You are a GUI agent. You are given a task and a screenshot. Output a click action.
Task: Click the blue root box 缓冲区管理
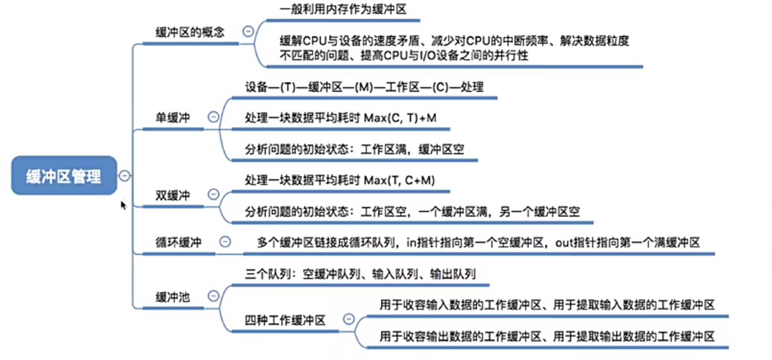[64, 175]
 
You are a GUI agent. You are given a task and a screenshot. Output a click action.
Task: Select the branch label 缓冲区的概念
[189, 32]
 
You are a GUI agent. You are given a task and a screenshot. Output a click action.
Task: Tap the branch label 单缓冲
[172, 117]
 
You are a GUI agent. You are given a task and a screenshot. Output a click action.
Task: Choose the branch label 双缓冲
[172, 195]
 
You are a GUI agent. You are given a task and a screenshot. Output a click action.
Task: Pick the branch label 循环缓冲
[178, 242]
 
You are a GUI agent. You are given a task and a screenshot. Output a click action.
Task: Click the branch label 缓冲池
[172, 297]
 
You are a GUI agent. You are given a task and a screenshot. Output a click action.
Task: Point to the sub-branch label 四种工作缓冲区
[285, 320]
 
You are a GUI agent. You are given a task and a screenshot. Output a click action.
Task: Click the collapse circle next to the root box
[124, 176]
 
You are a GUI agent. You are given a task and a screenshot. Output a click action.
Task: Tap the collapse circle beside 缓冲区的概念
[248, 31]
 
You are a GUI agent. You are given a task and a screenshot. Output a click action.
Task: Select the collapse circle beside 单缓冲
[213, 117]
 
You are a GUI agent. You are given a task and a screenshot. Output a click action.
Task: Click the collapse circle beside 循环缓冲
[225, 242]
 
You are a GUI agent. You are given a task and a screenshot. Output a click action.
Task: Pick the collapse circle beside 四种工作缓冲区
[349, 319]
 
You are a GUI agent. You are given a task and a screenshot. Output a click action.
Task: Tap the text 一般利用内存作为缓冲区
[343, 9]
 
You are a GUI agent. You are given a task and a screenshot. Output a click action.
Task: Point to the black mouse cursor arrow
[123, 205]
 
